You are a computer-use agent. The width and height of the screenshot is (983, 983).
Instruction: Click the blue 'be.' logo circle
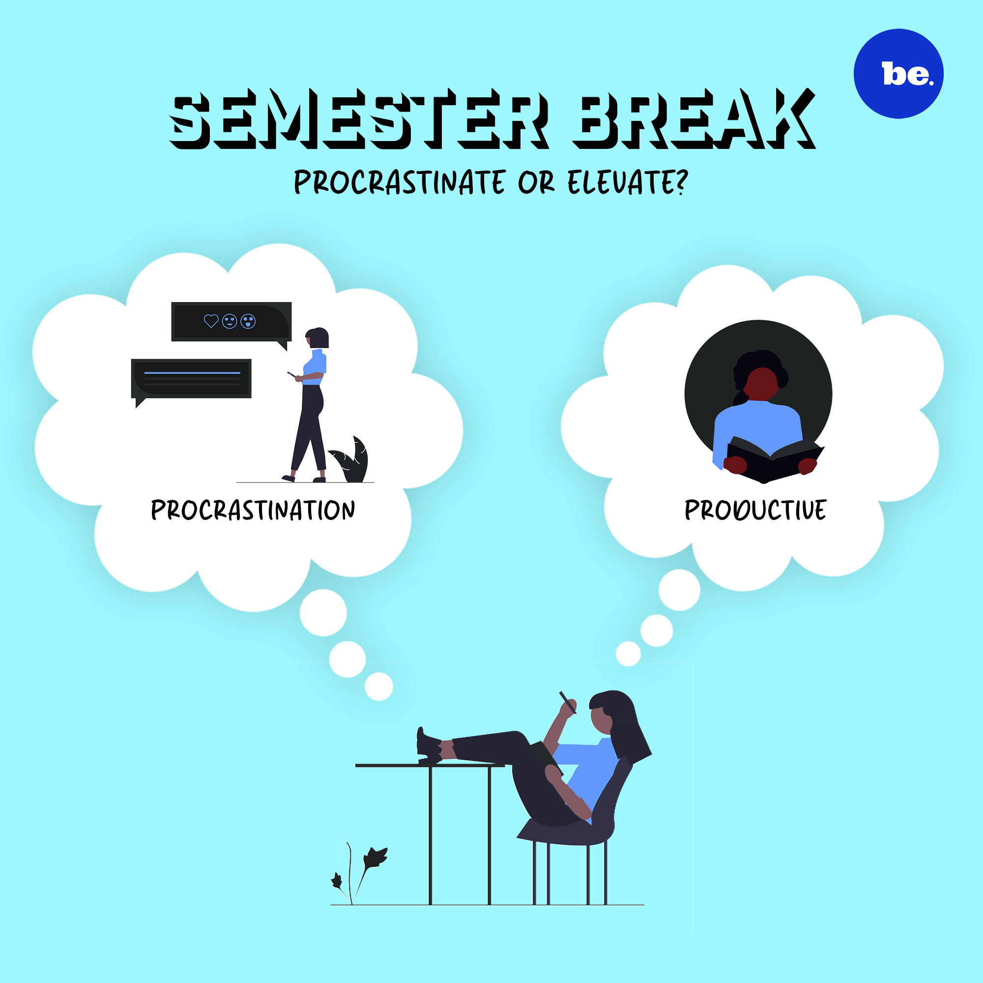[x=898, y=74]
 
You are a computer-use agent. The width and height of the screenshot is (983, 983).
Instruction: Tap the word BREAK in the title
[x=694, y=119]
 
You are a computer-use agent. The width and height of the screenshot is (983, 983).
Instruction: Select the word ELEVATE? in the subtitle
[x=628, y=182]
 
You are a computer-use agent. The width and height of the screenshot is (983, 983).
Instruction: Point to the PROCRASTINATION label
[x=253, y=510]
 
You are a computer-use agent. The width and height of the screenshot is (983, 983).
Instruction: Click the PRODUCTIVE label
[x=755, y=510]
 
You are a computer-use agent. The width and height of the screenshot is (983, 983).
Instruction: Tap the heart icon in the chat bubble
[x=211, y=321]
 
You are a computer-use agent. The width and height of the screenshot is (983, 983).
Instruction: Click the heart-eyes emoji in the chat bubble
[x=230, y=321]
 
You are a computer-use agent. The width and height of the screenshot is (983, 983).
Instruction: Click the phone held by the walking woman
[x=291, y=375]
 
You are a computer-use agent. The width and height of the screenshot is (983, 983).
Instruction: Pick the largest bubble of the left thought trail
[x=323, y=612]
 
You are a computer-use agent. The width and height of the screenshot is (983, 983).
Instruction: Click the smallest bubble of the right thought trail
[x=628, y=654]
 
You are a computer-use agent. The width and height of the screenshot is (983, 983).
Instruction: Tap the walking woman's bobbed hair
[x=318, y=337]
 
